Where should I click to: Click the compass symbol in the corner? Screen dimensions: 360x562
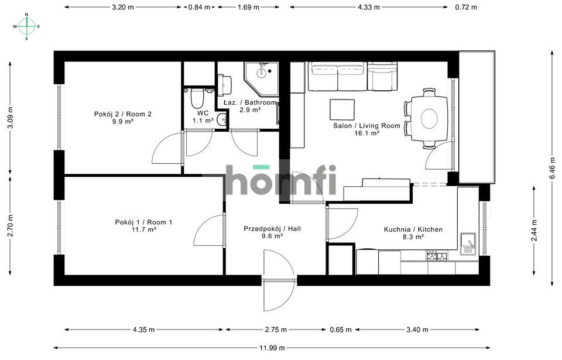coord(26,26)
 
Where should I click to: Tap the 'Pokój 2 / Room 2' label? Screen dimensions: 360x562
coord(123,114)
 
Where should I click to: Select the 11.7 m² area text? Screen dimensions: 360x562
coord(143,230)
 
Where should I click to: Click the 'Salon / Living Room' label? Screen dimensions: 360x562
coord(366,125)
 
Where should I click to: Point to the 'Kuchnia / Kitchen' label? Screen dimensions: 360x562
coord(413,229)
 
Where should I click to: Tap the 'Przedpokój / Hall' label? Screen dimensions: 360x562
coord(272,228)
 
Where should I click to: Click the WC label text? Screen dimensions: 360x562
coord(203,113)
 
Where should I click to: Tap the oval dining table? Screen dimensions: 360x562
coord(429,118)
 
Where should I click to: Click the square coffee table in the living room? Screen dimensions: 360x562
coord(342,109)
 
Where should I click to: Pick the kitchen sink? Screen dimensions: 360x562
coord(468,244)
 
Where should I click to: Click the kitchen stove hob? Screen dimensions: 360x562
coord(436,256)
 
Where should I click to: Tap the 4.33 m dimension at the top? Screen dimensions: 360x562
coord(369,8)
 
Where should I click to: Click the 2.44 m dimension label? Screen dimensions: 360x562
coord(534,230)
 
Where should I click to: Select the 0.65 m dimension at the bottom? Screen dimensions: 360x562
coord(340,330)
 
